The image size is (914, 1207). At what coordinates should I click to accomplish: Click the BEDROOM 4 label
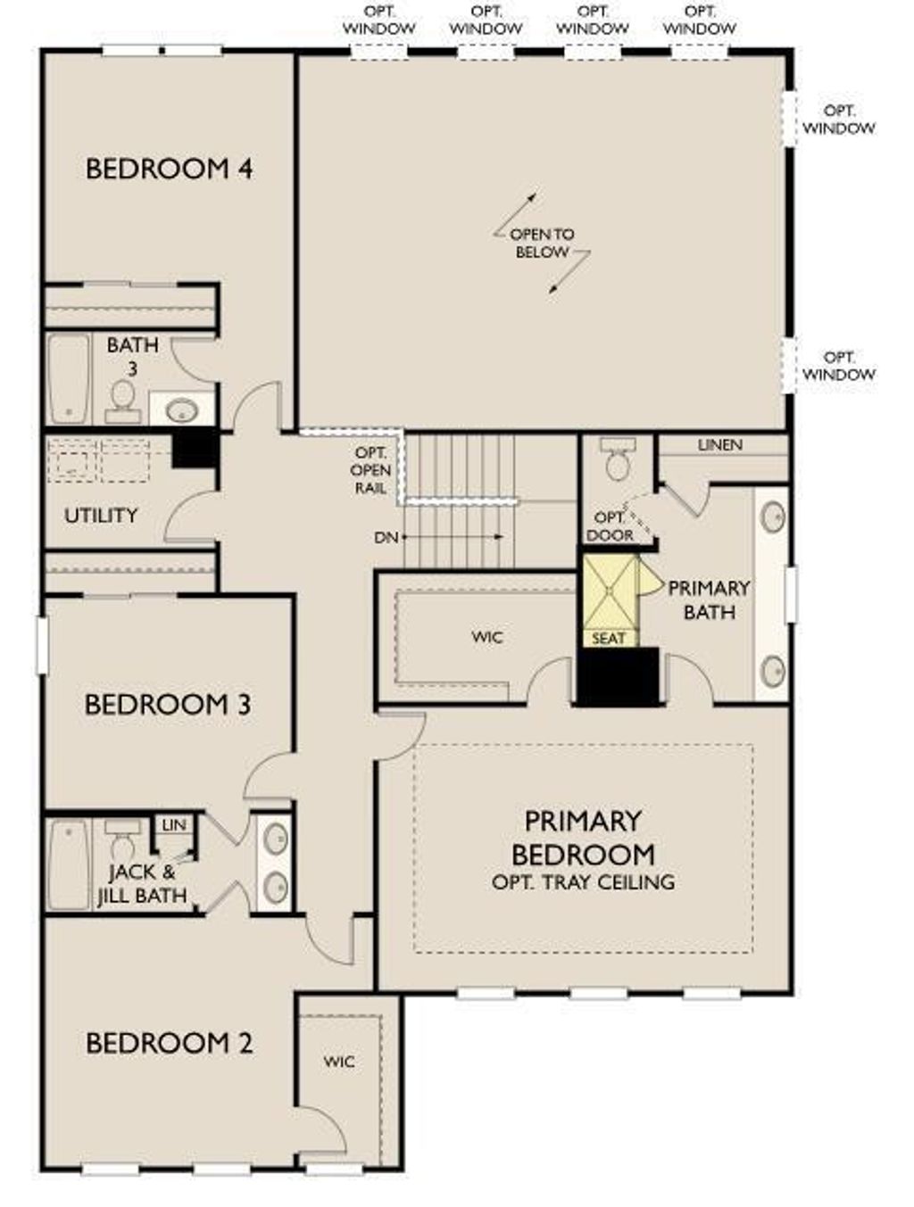coord(169,169)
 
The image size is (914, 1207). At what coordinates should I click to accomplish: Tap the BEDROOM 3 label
coord(168,704)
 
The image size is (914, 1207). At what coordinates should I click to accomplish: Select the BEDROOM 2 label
coord(169,1042)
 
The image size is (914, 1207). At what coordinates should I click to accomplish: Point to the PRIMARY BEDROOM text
coord(582,838)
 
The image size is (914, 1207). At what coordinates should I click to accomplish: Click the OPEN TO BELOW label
coord(542,243)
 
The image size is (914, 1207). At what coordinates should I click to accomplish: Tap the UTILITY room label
coord(101,516)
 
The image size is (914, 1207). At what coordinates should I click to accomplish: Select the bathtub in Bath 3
coord(69,379)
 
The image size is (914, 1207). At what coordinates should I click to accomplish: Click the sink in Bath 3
coord(182,410)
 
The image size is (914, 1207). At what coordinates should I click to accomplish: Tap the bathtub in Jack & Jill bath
coord(69,864)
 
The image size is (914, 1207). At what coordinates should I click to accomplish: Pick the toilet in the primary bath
coord(616,459)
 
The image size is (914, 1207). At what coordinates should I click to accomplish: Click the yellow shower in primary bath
coord(609,591)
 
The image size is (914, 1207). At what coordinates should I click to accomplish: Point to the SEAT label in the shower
coord(609,639)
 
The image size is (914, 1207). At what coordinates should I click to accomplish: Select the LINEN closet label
coord(719,444)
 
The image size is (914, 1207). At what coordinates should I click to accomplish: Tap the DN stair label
coord(386,537)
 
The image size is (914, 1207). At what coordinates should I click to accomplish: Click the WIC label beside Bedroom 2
coord(338,1062)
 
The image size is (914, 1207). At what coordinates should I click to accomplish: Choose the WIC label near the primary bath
coord(487,637)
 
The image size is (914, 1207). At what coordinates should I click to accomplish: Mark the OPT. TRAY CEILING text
coord(583,882)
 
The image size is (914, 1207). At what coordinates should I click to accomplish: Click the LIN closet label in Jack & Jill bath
coord(173,825)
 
